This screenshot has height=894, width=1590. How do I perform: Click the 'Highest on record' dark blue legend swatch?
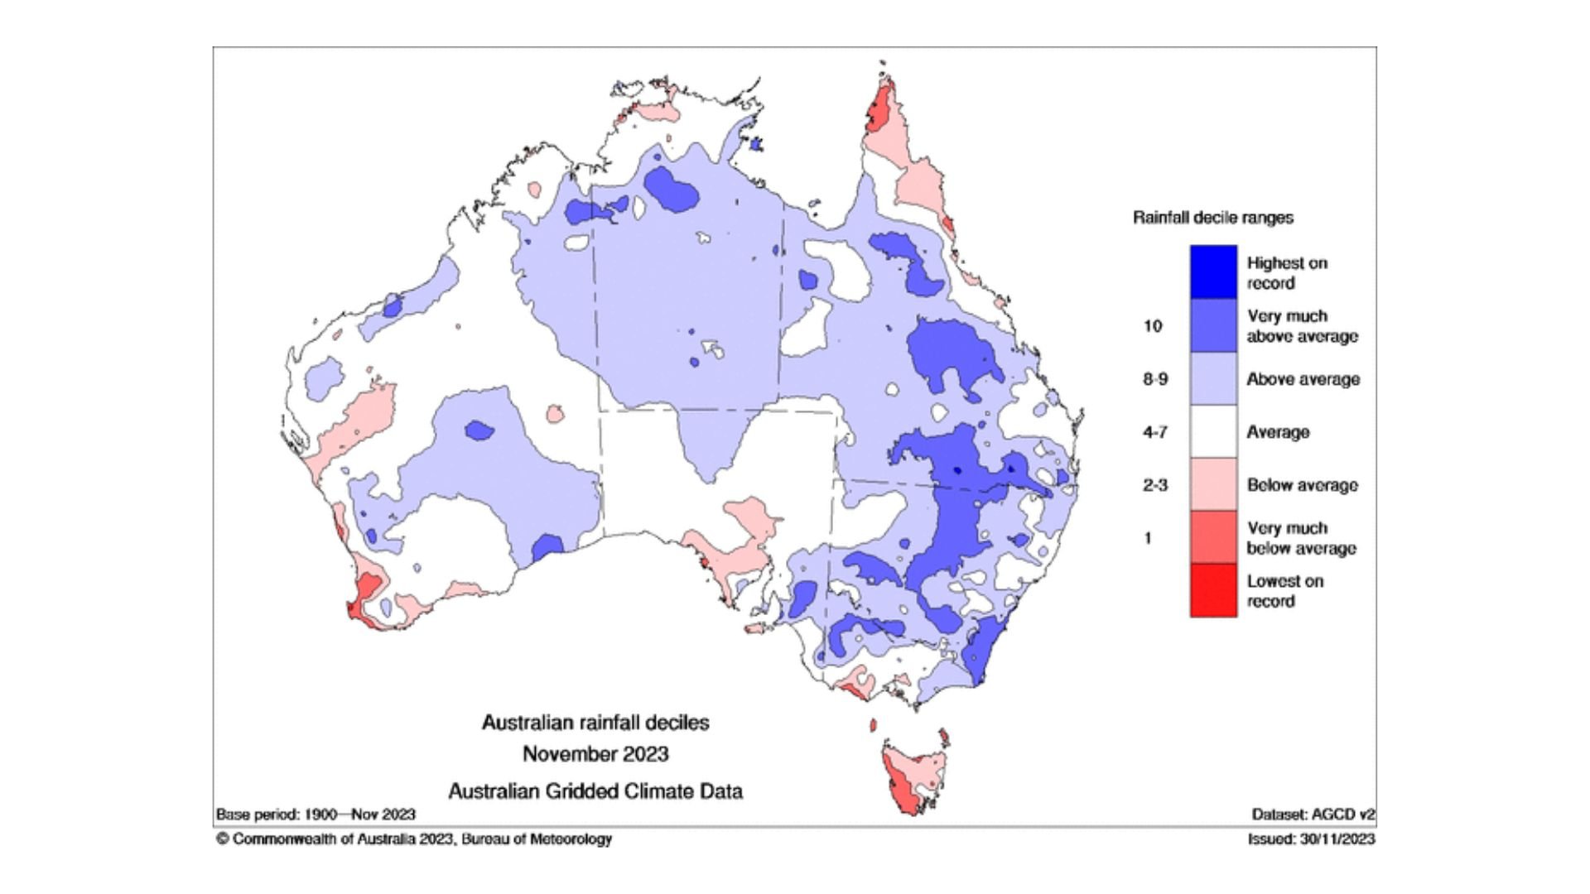pos(1213,272)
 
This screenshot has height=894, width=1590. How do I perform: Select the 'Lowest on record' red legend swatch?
pos(1213,590)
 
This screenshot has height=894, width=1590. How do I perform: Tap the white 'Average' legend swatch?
pos(1213,431)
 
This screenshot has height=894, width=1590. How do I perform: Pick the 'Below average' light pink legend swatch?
pos(1213,484)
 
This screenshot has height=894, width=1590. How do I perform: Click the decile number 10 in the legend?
pos(1153,326)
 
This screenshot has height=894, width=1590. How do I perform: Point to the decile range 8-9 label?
pos(1155,379)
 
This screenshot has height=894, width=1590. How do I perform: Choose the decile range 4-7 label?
pos(1155,432)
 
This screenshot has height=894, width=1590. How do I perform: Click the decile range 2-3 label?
pos(1155,485)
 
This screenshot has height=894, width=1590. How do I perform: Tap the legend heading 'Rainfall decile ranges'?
pos(1212,218)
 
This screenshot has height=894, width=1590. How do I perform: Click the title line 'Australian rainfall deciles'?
pos(595,723)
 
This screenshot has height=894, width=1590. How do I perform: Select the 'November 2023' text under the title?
pos(595,754)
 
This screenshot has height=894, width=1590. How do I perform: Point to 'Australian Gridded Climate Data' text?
pos(595,791)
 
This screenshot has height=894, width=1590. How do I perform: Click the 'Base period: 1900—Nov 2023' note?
pos(316,815)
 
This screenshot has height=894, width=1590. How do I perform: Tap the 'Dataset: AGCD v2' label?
pos(1313,815)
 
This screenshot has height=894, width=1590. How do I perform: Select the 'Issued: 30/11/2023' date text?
pos(1311,839)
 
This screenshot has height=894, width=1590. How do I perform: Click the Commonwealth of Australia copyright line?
pos(414,839)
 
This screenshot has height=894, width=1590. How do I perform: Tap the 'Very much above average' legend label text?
pos(1302,326)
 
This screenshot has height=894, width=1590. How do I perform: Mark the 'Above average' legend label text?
pos(1303,379)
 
